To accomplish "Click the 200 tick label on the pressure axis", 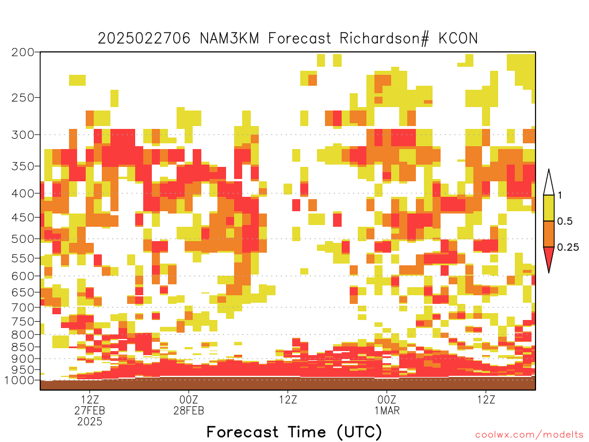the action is point(22,52).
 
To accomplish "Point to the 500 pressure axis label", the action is point(22,239).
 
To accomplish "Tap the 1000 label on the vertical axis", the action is point(19,380).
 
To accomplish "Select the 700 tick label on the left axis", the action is point(22,307).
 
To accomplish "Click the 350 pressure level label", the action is point(22,166).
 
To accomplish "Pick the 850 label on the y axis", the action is point(22,347).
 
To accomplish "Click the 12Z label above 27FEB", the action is point(90,399).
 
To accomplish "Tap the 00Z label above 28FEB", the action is point(189,399).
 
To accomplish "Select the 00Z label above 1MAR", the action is point(387,399).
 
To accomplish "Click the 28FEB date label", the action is point(189,410).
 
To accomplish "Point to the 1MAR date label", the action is point(387,410).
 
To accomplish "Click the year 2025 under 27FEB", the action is point(90,422).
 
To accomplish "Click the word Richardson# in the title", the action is point(384,39).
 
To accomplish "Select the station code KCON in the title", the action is point(458,39).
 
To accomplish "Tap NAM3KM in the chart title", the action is point(230,39).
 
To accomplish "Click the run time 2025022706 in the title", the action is point(144,39).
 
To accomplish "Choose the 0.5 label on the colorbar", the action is point(565,221).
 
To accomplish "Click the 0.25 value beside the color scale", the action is point(568,247).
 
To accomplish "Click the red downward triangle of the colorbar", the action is point(549,258).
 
